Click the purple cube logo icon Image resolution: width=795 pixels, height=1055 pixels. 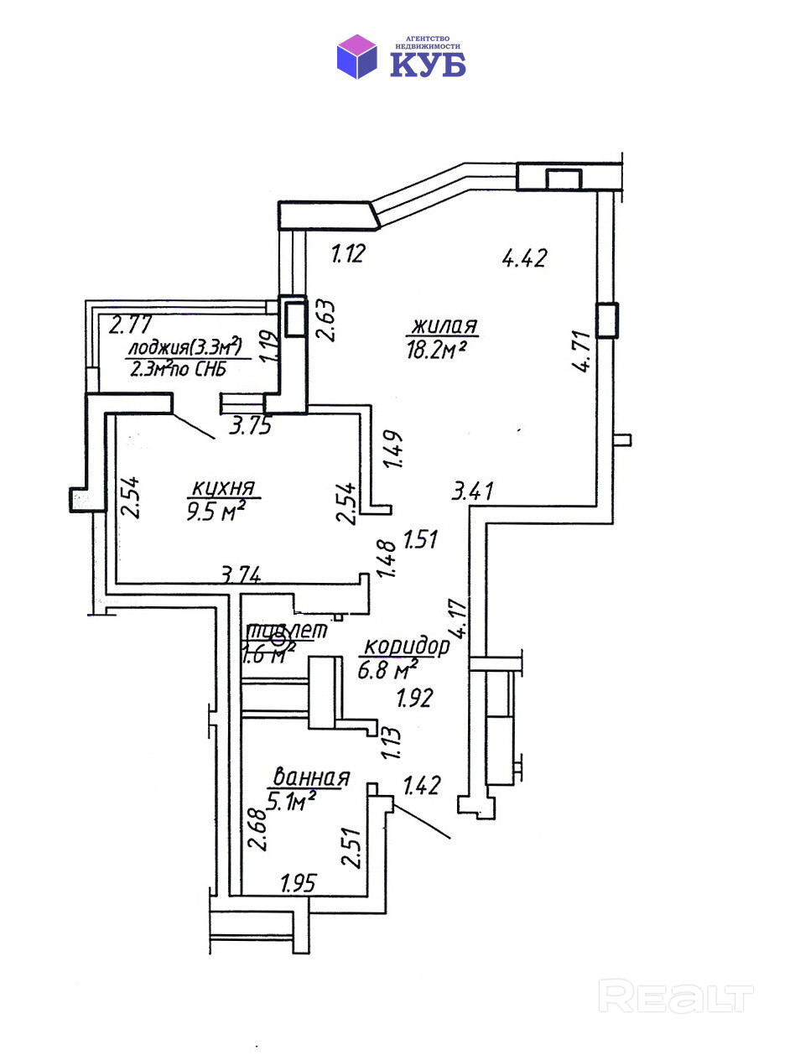click(x=357, y=56)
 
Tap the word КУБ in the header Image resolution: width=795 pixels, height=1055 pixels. click(x=427, y=64)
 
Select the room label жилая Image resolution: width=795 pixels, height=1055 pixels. click(x=444, y=325)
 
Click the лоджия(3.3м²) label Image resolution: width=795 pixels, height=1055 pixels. click(x=184, y=347)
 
